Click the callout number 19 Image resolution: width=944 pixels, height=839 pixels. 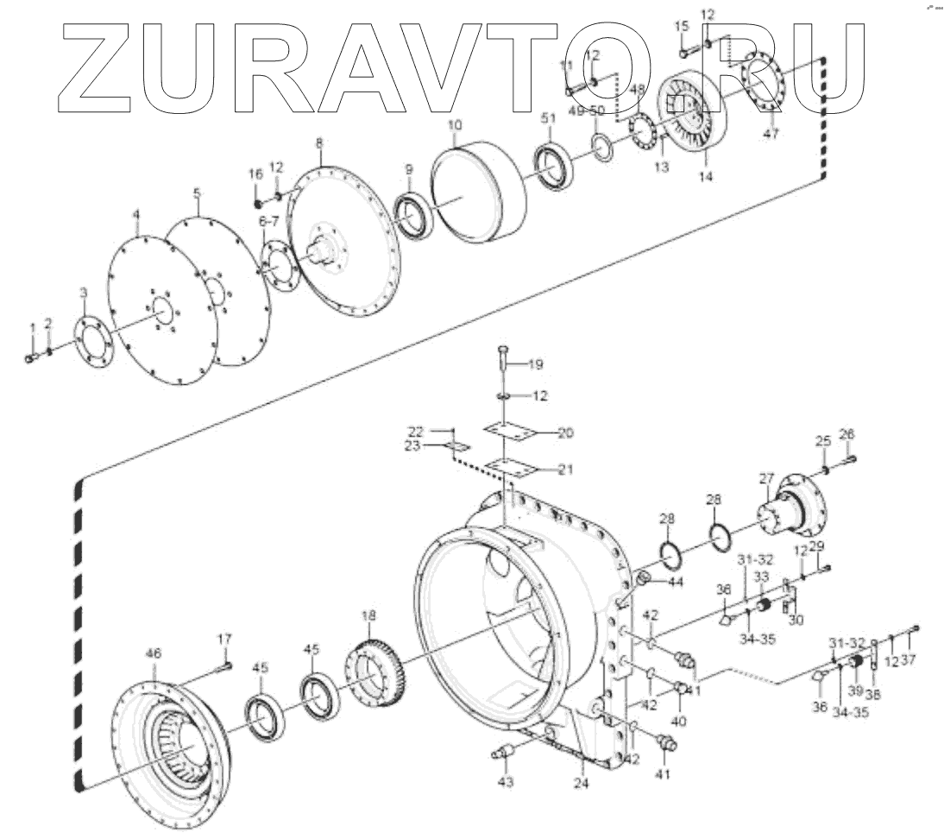(535, 365)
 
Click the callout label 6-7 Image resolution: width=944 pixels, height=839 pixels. (269, 222)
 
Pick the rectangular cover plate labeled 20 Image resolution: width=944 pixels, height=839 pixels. (516, 431)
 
